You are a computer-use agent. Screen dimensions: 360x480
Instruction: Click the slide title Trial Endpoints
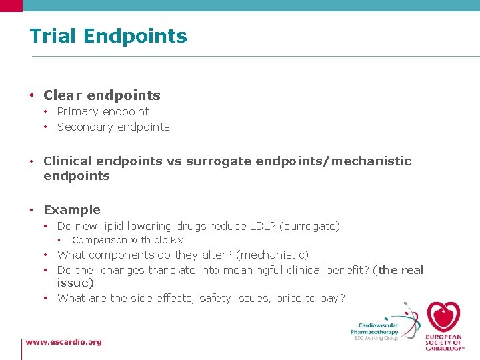tap(108, 36)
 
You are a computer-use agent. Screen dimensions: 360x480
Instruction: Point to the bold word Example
tap(72, 210)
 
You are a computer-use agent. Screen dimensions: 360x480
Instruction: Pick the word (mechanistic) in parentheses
tap(273, 255)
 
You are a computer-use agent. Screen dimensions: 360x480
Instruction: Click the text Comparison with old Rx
tap(127, 240)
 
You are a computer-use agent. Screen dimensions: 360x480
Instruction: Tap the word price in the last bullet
tap(289, 298)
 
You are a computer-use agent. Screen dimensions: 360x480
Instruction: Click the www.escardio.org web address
tap(64, 342)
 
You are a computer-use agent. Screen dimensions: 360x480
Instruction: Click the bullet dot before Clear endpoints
tap(32, 96)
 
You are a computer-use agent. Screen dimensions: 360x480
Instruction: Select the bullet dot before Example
tap(32, 210)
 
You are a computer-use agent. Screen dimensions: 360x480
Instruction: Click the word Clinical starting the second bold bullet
tap(67, 161)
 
